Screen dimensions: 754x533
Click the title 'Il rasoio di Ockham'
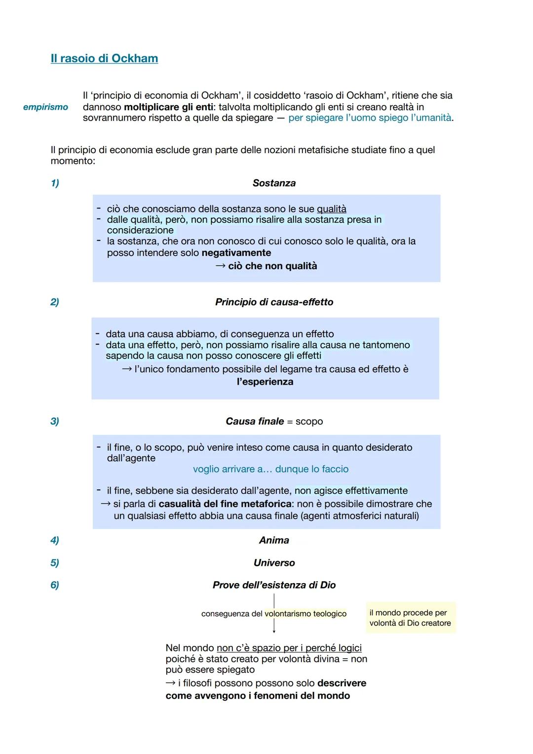104,58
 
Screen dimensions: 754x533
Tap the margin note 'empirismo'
45,107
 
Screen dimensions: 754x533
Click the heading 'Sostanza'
274,183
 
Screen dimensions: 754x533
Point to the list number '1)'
55,183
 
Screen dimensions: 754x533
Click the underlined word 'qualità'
331,209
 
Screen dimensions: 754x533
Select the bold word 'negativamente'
236,253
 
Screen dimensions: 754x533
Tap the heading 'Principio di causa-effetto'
274,302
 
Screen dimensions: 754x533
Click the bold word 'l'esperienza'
265,382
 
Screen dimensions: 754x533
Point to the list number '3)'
55,421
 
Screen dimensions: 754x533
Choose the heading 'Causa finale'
255,421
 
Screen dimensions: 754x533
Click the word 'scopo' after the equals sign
309,422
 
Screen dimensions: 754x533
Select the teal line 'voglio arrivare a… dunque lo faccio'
270,469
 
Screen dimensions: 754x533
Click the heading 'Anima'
274,540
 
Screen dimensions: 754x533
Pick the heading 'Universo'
274,563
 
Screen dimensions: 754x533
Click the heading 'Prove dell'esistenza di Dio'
274,585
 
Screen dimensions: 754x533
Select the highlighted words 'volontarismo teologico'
305,614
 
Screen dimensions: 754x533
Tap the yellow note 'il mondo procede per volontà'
410,618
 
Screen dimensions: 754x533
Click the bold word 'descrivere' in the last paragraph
342,683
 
